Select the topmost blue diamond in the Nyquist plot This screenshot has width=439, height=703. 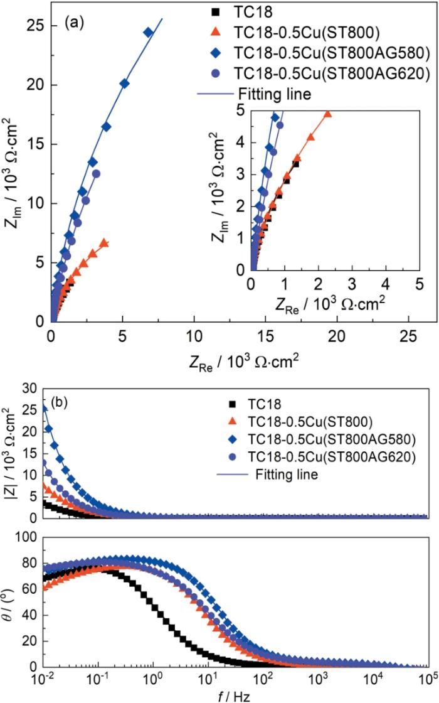click(148, 33)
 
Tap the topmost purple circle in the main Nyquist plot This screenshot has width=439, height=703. click(96, 174)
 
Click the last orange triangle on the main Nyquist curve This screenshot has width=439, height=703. click(104, 243)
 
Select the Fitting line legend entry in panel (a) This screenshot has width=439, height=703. click(272, 94)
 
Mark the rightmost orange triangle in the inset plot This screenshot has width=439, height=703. click(327, 114)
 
